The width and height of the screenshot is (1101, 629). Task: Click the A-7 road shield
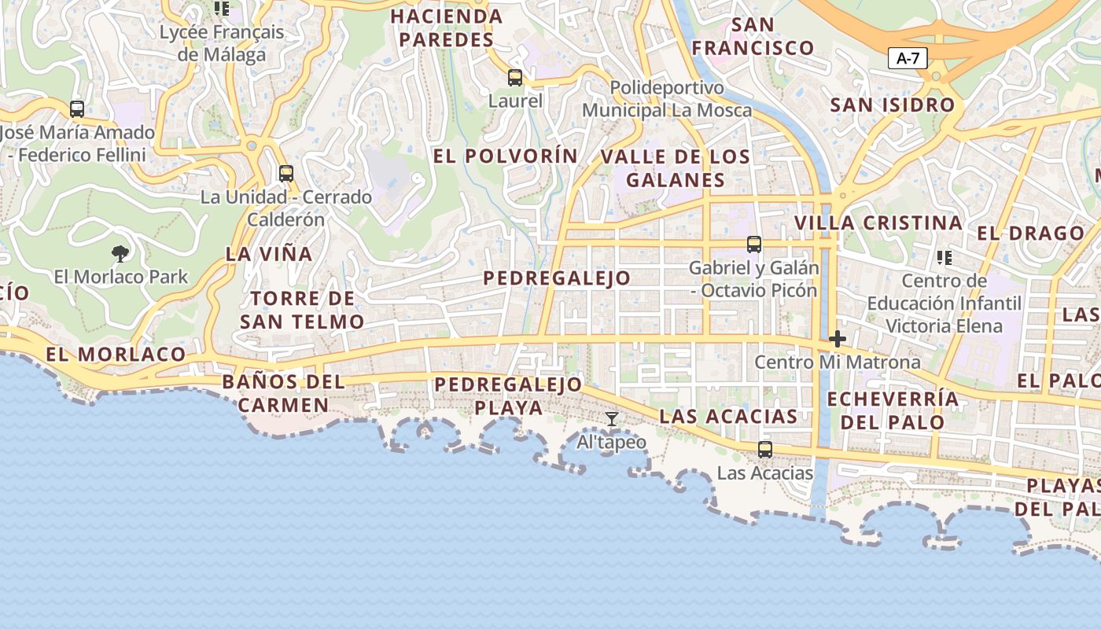908,58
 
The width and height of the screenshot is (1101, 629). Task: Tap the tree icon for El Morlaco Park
120,253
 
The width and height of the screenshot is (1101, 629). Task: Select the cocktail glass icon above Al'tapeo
612,419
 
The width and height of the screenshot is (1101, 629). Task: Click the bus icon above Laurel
515,78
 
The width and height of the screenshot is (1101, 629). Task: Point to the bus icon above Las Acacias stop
764,450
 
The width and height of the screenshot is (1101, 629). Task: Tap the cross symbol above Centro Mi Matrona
838,340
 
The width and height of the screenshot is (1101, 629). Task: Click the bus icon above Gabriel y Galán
754,245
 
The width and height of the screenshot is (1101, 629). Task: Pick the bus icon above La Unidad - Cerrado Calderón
286,174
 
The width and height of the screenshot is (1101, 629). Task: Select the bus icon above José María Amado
77,109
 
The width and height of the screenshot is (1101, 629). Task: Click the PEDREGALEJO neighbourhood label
557,278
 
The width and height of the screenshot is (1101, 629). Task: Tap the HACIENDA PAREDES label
447,28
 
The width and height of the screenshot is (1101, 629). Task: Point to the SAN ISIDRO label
893,105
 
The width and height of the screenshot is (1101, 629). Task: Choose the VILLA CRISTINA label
878,223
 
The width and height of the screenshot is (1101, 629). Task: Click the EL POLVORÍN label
506,156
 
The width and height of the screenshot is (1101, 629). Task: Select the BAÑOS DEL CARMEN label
283,393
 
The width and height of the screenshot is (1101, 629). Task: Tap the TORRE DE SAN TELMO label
302,310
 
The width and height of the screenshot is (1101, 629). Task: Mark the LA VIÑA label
269,254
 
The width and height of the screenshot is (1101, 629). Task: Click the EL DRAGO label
1030,233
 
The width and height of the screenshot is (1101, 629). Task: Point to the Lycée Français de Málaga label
222,44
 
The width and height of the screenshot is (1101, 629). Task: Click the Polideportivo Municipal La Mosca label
667,98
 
